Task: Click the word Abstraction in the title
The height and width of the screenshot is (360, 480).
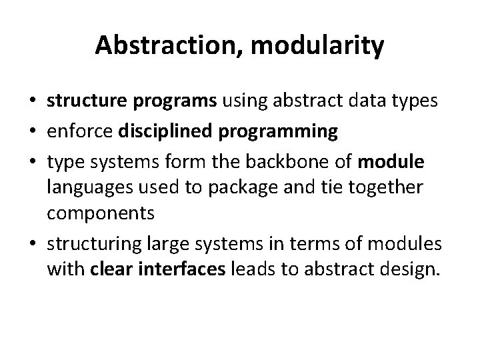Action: [165, 45]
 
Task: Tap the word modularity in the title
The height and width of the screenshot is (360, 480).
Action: [317, 47]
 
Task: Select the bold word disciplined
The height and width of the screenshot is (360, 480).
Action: [165, 131]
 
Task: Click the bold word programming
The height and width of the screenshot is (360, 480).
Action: [278, 132]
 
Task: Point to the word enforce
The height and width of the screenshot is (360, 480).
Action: [79, 131]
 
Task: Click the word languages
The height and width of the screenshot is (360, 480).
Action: [90, 188]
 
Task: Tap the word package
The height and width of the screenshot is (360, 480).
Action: [243, 188]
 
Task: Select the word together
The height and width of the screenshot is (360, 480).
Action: [386, 187]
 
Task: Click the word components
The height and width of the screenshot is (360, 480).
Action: [101, 214]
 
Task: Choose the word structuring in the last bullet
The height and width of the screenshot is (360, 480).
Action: [94, 245]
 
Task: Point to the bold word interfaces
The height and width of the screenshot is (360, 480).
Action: [182, 269]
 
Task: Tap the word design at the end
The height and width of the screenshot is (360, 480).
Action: [410, 270]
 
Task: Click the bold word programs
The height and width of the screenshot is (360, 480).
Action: [175, 101]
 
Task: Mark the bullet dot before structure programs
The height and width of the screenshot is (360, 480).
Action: [33, 100]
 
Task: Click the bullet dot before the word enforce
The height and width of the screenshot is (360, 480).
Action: [33, 131]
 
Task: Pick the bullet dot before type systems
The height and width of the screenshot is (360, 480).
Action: [33, 161]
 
